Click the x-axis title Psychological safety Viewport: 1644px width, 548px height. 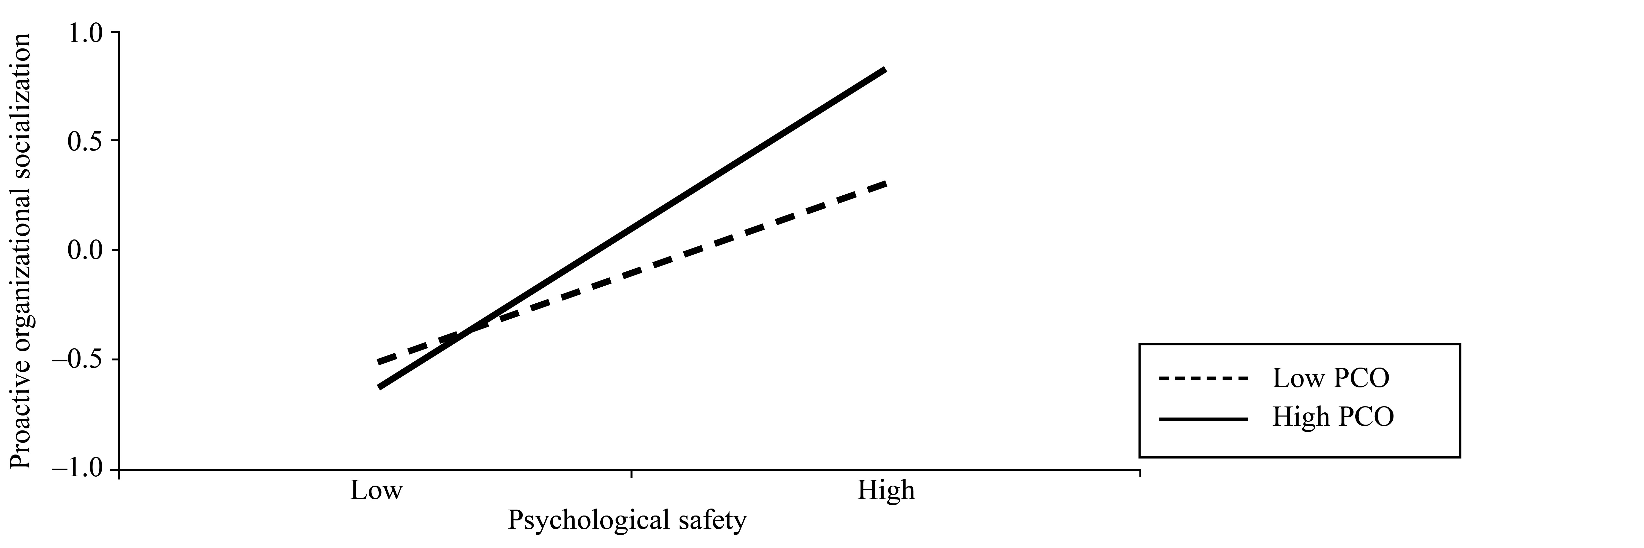(627, 521)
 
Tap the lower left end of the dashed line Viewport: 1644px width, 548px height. (378, 362)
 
